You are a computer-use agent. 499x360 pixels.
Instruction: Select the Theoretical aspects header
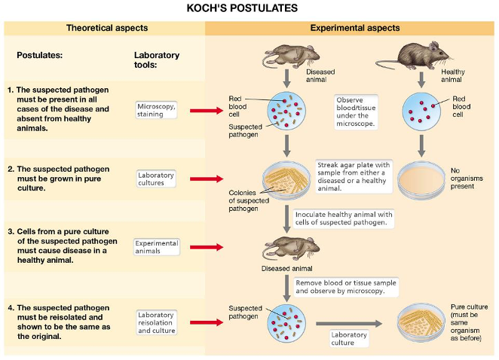[106, 28]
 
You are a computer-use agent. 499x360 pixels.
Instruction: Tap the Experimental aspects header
[355, 28]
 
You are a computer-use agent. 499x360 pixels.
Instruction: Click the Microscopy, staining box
[156, 110]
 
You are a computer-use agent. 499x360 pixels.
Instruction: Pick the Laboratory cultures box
[156, 178]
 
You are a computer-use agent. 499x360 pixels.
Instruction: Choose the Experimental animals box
[157, 247]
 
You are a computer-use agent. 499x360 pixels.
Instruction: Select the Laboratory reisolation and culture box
[156, 322]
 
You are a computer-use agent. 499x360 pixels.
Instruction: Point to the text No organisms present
[467, 179]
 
